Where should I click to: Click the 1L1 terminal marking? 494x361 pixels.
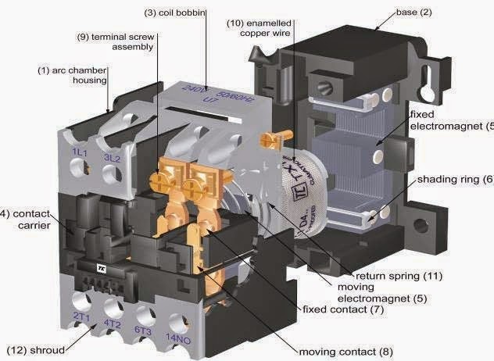pos(79,151)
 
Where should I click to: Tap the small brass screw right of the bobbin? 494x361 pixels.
pos(268,141)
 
